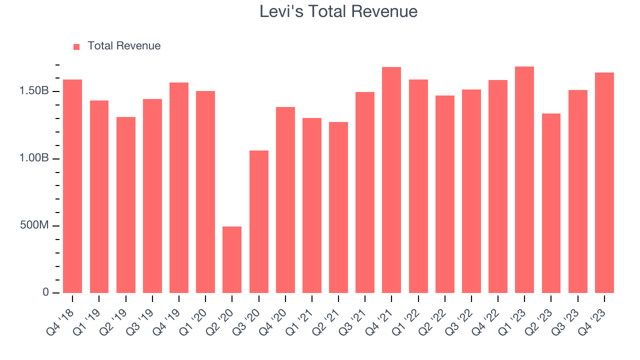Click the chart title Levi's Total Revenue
coord(338,11)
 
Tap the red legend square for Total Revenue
coord(76,46)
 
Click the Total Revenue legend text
coord(124,46)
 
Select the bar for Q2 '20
coord(232,259)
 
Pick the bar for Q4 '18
coord(72,186)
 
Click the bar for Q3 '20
coord(258,221)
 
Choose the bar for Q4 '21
coord(391,180)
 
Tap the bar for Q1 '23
coord(524,179)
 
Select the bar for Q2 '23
coord(551,203)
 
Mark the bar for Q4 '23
coord(604,182)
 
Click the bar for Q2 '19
coord(126,205)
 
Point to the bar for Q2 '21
coord(338,207)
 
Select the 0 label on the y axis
coord(45,292)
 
